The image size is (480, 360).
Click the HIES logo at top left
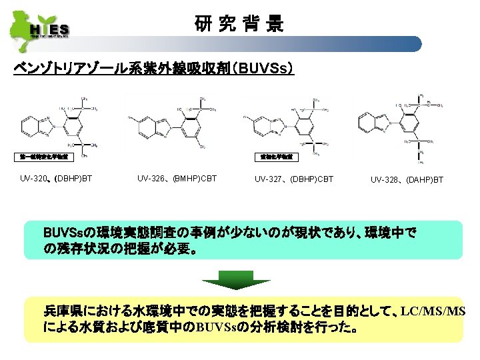[x=40, y=27]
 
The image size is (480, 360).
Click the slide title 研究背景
[x=239, y=25]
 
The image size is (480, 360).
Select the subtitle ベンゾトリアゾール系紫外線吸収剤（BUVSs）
[x=154, y=69]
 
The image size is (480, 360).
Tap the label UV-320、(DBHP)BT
[x=56, y=179]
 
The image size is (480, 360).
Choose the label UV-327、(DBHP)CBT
[x=294, y=179]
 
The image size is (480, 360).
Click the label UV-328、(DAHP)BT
[x=407, y=179]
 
